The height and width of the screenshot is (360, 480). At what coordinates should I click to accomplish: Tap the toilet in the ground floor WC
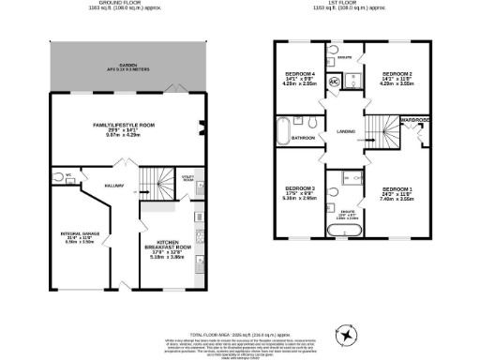tap(58, 176)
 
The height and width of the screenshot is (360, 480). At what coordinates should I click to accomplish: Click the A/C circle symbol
tap(333, 81)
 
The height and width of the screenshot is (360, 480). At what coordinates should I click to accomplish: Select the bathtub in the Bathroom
tap(283, 129)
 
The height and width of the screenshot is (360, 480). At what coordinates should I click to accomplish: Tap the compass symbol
tap(349, 335)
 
